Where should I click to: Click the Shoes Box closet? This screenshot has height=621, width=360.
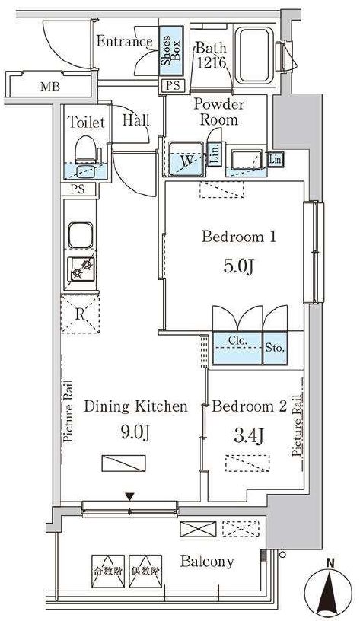(171, 51)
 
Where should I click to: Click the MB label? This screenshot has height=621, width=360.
(50, 86)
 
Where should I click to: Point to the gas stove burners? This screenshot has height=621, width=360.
(81, 269)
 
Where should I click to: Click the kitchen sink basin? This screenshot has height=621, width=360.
(81, 235)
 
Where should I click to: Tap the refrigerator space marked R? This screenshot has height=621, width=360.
(80, 314)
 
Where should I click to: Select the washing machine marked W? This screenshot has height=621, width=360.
(186, 159)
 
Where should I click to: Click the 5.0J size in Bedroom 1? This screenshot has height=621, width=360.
(239, 267)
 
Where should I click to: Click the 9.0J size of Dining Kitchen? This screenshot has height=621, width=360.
(135, 433)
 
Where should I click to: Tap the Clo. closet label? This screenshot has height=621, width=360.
(237, 340)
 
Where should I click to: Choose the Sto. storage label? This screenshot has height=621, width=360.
(275, 348)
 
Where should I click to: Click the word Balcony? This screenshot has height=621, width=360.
(207, 562)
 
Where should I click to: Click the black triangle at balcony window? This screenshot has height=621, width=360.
(129, 497)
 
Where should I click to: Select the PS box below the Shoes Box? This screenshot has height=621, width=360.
(174, 85)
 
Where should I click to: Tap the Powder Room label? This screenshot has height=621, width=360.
(219, 112)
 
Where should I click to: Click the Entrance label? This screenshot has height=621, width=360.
(124, 42)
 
